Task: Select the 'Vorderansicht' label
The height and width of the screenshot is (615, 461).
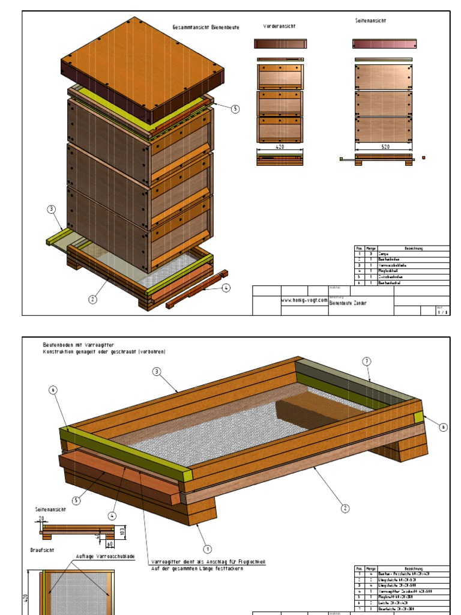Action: pos(279,26)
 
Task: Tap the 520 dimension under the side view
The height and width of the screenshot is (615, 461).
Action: pos(384,146)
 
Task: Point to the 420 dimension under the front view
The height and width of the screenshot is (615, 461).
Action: pos(280,146)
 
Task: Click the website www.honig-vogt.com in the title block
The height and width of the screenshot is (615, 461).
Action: pos(304,300)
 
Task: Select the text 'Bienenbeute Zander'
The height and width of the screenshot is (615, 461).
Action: pos(348,303)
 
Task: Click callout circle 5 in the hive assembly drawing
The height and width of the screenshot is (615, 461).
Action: pos(235,109)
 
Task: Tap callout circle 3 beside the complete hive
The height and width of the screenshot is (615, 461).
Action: pos(52,210)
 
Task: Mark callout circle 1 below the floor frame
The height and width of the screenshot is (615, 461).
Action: pos(208,548)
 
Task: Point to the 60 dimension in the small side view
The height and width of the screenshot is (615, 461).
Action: pos(110,544)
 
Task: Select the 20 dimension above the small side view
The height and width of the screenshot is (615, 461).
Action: pos(41,518)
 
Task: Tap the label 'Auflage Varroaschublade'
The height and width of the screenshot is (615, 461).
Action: pos(98,556)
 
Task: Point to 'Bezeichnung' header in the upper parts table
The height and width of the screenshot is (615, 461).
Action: pos(414,248)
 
